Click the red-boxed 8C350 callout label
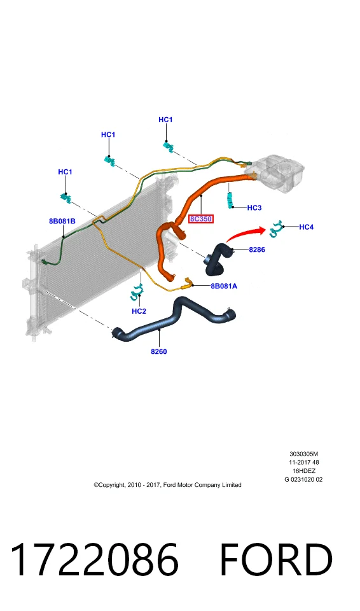point(201,219)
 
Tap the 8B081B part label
point(62,221)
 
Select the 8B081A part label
point(224,286)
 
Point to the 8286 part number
point(257,249)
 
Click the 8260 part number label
point(159,351)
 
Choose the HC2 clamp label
point(139,311)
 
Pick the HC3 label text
point(254,207)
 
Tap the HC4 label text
point(306,227)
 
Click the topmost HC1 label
point(165,120)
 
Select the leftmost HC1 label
point(66,172)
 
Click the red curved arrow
point(245,234)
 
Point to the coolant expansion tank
point(274,172)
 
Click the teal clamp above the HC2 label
point(137,292)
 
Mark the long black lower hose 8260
point(174,318)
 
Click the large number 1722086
point(94,559)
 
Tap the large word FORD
point(277,559)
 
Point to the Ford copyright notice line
point(167,485)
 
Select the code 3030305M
point(303,454)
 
